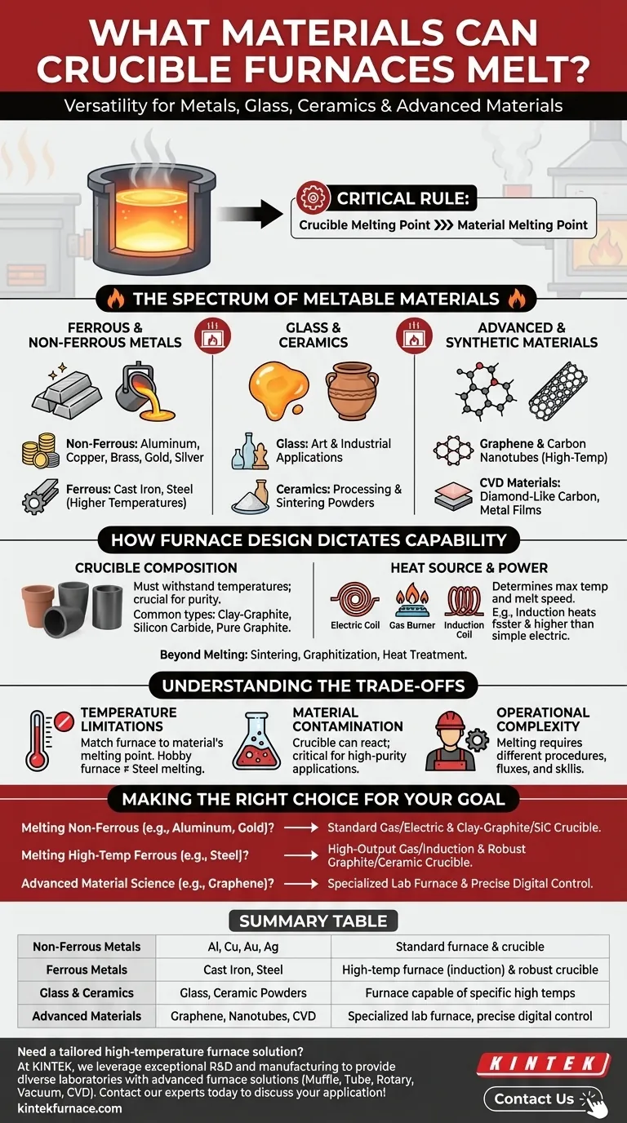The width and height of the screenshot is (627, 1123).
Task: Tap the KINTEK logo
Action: tap(544, 1063)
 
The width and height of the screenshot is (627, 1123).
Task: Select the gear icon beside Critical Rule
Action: tap(313, 198)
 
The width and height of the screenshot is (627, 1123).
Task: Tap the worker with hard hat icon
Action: tap(451, 739)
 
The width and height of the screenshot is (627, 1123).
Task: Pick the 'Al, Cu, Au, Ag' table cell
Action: tap(242, 947)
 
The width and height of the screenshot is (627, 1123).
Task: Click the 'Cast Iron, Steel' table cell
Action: tap(242, 970)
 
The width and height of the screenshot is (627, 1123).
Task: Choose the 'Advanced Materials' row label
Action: tap(87, 1016)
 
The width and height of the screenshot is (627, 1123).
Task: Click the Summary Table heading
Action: tap(313, 921)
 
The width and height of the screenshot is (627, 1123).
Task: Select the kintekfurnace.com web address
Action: tap(70, 1107)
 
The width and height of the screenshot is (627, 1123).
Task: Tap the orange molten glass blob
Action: tap(278, 389)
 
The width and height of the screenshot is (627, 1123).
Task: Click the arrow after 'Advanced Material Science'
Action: tap(300, 883)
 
